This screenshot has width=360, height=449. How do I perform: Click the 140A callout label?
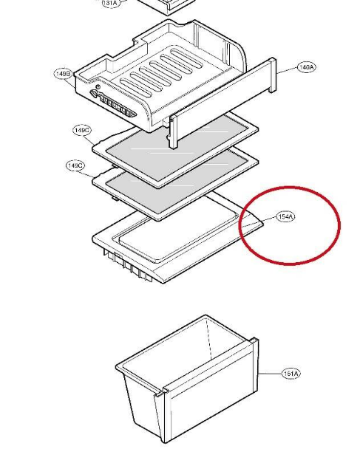click(x=306, y=67)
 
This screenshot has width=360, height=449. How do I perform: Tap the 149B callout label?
click(x=63, y=74)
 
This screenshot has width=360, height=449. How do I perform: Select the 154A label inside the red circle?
click(x=285, y=217)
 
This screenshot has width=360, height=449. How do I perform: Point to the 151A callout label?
click(x=291, y=374)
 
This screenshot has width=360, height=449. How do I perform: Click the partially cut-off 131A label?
click(x=111, y=3)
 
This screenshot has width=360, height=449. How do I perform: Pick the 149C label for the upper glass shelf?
click(x=82, y=130)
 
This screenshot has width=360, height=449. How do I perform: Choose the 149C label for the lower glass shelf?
click(x=75, y=165)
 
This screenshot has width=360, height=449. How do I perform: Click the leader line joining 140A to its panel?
click(x=287, y=71)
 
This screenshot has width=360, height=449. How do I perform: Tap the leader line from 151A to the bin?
click(x=270, y=374)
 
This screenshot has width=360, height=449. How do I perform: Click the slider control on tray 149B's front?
click(x=112, y=104)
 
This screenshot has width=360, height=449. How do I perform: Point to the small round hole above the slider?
click(x=98, y=86)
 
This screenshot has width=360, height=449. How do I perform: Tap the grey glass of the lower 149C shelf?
click(x=176, y=180)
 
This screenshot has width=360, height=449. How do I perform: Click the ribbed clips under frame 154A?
click(x=128, y=265)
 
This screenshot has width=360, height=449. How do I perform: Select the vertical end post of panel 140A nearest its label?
click(x=273, y=75)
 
